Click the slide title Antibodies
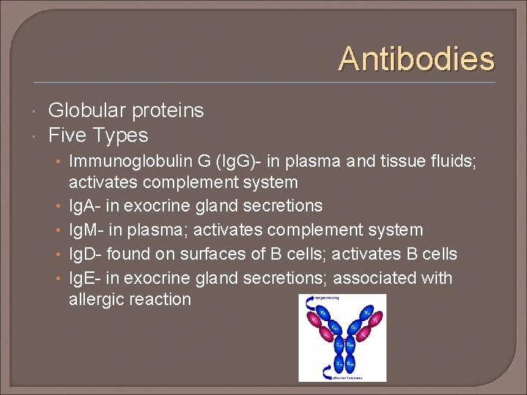416,59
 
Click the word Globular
84,110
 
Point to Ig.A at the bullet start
84,206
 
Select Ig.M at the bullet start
85,230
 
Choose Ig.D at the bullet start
85,255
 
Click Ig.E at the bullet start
84,279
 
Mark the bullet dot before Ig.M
59,230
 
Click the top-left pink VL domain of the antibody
314,318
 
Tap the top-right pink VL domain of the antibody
375,319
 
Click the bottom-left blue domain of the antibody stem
338,364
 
